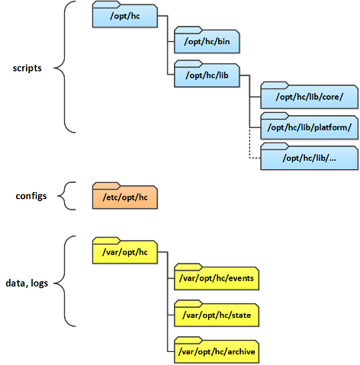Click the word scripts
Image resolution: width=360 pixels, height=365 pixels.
[x=27, y=68]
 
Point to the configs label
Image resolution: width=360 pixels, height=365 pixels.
[x=31, y=196]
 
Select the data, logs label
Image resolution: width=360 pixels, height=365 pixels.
[x=27, y=283]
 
